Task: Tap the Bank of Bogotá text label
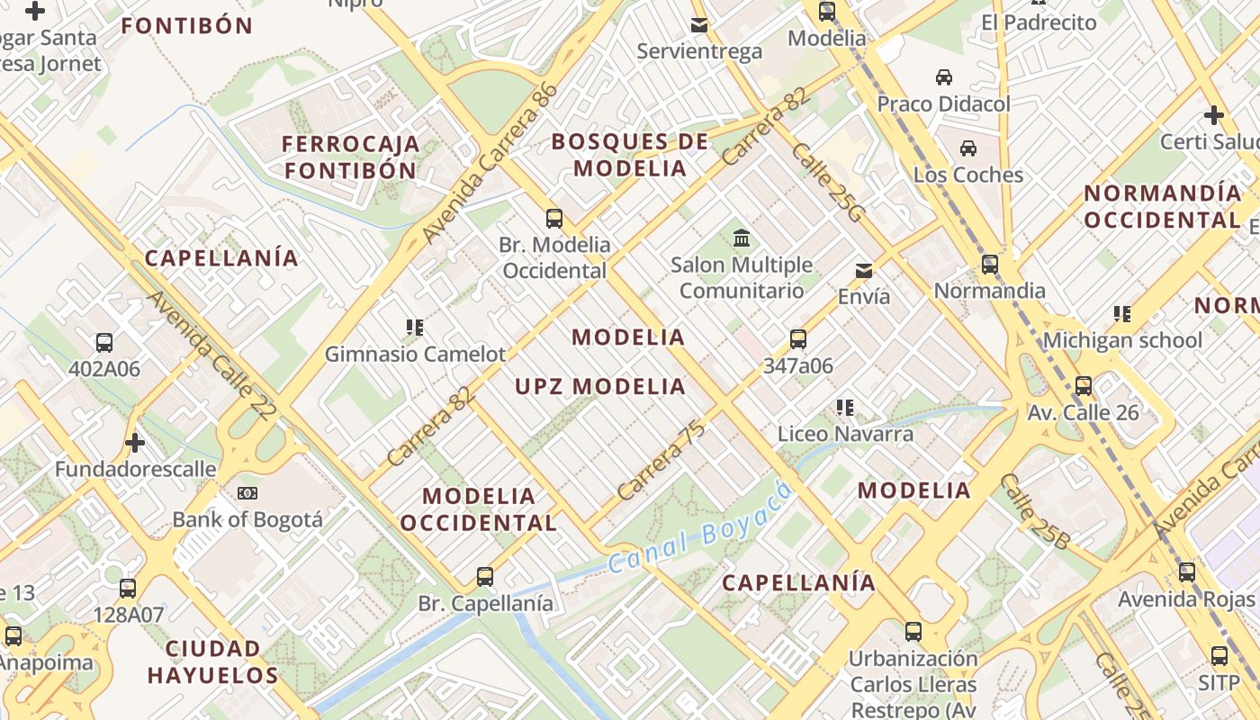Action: pyautogui.click(x=247, y=519)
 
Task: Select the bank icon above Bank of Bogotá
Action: pyautogui.click(x=247, y=493)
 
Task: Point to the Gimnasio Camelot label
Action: pyautogui.click(x=416, y=355)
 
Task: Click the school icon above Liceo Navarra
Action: pyautogui.click(x=844, y=408)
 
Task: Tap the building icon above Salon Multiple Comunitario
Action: pyautogui.click(x=742, y=238)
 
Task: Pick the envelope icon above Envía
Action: pyautogui.click(x=864, y=270)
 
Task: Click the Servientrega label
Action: pyautogui.click(x=699, y=51)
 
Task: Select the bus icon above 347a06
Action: pyautogui.click(x=798, y=339)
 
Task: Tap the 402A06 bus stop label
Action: pyautogui.click(x=104, y=369)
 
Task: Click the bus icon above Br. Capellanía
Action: pyautogui.click(x=485, y=576)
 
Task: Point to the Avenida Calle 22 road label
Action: pyautogui.click(x=211, y=355)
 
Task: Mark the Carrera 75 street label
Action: pyautogui.click(x=661, y=460)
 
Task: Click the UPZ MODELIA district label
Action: pyautogui.click(x=600, y=387)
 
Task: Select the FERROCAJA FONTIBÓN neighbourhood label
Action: pyautogui.click(x=351, y=157)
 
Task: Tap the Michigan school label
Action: pyautogui.click(x=1122, y=340)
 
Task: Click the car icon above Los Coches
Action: pyautogui.click(x=968, y=148)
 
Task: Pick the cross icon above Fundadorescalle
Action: pyautogui.click(x=135, y=443)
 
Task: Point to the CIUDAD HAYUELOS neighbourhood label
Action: pyautogui.click(x=213, y=661)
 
